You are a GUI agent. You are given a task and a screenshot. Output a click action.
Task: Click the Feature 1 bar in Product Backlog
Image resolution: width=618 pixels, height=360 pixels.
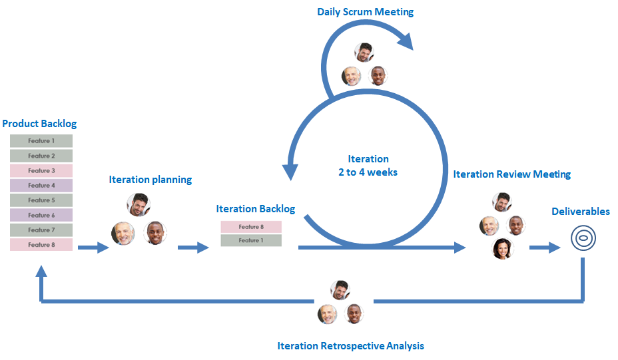point(41,141)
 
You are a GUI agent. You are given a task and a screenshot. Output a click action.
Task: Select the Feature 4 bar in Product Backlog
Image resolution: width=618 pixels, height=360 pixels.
point(41,186)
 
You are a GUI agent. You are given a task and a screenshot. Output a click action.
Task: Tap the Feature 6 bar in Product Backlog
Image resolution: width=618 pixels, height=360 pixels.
point(41,215)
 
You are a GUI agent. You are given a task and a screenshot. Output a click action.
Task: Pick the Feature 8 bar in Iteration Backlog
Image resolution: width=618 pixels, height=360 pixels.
point(251,227)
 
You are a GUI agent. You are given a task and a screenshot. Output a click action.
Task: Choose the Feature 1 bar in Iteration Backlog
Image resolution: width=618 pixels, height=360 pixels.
point(251,240)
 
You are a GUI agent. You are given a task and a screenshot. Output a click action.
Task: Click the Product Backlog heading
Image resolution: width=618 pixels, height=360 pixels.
point(39,124)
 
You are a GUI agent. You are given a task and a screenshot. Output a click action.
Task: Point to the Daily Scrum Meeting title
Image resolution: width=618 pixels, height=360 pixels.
point(365,12)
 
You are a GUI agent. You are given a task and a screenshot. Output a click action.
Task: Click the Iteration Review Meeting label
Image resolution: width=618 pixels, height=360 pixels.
point(511,174)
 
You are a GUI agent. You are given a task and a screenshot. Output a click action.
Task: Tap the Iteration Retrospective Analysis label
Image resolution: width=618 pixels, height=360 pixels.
point(350,346)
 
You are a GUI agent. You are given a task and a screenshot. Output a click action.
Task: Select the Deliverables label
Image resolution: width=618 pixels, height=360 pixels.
point(580,212)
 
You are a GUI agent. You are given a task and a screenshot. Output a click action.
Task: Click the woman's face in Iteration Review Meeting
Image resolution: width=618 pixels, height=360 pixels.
point(503,249)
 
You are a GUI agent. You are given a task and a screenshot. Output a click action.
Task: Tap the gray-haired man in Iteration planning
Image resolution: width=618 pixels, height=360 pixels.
point(123,234)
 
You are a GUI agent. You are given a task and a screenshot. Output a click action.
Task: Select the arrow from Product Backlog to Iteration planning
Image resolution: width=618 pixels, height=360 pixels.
point(93,248)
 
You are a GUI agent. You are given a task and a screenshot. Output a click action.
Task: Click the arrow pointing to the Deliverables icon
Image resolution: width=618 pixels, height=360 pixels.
point(545,248)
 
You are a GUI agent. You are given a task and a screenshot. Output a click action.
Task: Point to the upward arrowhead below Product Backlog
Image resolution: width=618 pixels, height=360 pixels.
point(41,271)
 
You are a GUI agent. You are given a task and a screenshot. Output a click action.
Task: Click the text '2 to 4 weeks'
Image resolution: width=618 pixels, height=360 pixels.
point(368,172)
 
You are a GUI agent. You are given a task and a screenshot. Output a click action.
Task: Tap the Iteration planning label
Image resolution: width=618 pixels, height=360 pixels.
point(151,180)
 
